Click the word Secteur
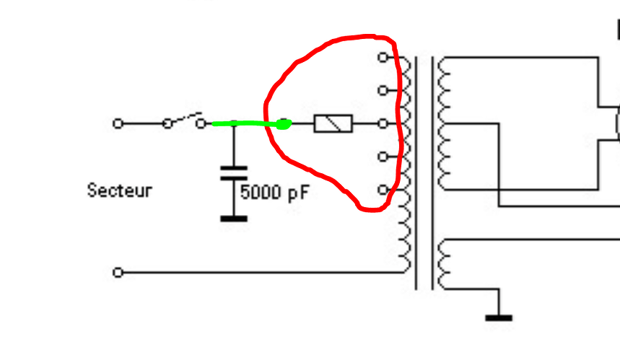[x=119, y=190]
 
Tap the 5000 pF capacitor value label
[x=274, y=193]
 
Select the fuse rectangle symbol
[x=333, y=123]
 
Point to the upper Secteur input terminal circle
[x=118, y=123]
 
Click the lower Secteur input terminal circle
[x=118, y=272]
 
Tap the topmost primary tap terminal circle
[x=383, y=57]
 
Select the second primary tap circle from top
[x=383, y=90]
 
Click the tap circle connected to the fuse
[x=383, y=123]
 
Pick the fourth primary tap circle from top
[x=383, y=157]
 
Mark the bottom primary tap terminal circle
[x=383, y=190]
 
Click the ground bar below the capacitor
[x=234, y=219]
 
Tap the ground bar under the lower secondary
[x=499, y=317]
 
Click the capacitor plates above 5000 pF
[x=234, y=173]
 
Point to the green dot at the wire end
[x=284, y=124]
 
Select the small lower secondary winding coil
[x=444, y=264]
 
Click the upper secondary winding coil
[x=444, y=123]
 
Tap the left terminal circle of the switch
[x=167, y=123]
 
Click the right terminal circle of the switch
[x=201, y=123]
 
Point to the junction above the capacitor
[x=234, y=123]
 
